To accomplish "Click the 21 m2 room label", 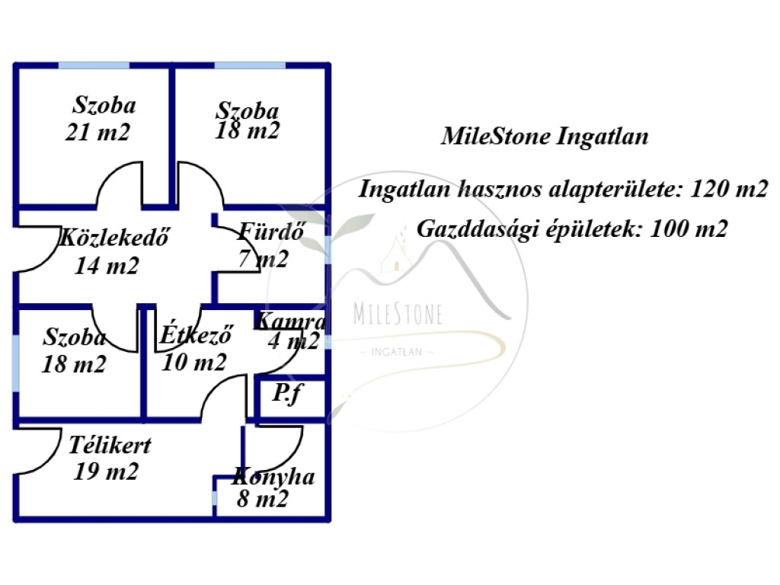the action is tap(97, 133).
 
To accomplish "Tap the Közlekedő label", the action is tap(114, 238).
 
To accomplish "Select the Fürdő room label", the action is tap(272, 232).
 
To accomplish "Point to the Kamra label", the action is tap(291, 321).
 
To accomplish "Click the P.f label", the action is tap(287, 394).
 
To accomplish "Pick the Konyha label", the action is tap(273, 477).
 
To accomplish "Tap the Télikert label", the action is tap(110, 445).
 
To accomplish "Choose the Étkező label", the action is tap(196, 335).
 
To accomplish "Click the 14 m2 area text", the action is tap(107, 266).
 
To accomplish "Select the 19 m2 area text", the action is tap(106, 472).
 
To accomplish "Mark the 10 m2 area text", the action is tap(194, 362).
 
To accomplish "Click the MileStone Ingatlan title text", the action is tap(545, 136).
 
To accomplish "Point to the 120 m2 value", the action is tap(730, 189).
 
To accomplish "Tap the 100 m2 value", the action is tap(689, 229).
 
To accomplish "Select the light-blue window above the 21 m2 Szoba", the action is tap(94, 66).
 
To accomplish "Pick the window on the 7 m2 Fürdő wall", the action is tap(328, 250).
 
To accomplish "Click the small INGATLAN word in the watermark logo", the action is tap(396, 352).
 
